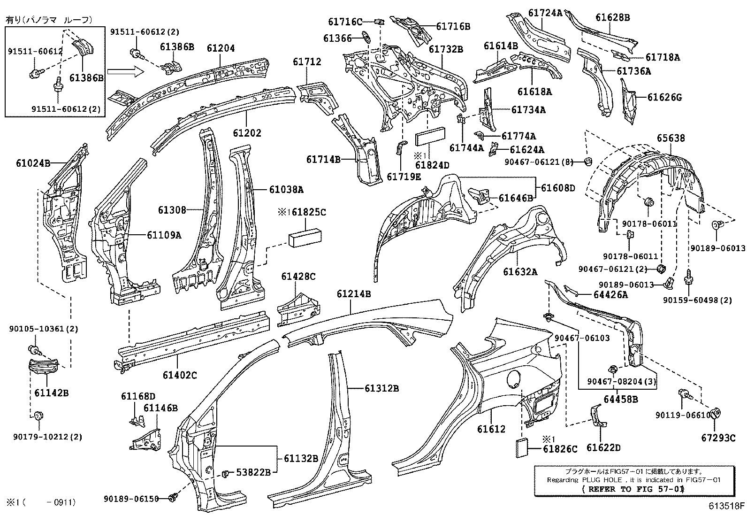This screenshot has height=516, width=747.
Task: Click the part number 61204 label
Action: (221, 48)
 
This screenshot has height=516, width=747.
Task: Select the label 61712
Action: (307, 62)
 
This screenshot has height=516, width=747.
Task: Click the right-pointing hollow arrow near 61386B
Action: (123, 71)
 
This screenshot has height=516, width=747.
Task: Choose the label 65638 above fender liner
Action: (671, 138)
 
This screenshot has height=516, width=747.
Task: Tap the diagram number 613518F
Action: (726, 506)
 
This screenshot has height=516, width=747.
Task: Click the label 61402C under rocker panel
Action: (180, 374)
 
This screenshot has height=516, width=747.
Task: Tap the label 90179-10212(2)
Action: (46, 437)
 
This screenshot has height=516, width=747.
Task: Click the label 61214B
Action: (354, 294)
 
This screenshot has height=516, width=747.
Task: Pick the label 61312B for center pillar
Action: (381, 388)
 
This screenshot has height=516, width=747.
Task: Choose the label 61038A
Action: (286, 190)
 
